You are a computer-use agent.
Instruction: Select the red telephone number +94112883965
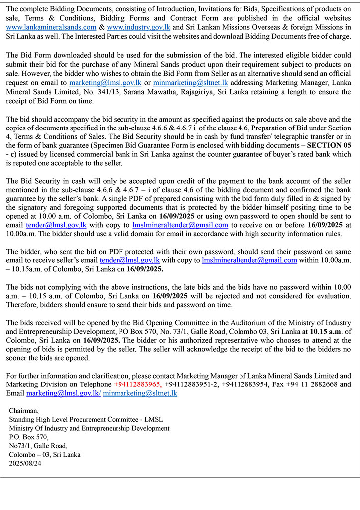click(137, 384)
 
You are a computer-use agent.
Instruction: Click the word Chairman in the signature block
click(24, 411)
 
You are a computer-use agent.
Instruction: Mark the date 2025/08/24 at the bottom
click(25, 463)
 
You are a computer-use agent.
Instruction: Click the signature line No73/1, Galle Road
click(38, 446)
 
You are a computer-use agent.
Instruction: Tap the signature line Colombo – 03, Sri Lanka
click(45, 454)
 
